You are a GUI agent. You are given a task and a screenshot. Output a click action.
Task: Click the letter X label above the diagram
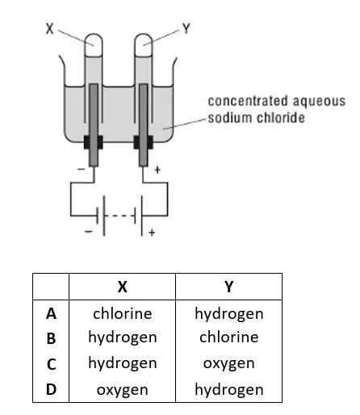click(50, 29)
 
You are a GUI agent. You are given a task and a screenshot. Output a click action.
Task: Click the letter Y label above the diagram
click(186, 28)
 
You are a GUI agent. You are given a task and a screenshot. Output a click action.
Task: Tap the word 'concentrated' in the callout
click(248, 101)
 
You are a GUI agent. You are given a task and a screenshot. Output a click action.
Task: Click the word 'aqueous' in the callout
click(319, 102)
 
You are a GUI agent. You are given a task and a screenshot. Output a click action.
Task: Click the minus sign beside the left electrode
click(81, 170)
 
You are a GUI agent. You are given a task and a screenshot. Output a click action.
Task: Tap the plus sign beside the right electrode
click(157, 170)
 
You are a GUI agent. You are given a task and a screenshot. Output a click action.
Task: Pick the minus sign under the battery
click(89, 232)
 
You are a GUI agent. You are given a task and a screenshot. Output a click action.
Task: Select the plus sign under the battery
click(152, 233)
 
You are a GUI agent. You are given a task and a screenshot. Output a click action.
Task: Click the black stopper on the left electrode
click(93, 142)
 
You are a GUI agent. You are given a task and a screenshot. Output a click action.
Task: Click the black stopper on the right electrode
click(144, 142)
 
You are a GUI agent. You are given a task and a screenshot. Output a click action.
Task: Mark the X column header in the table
click(123, 287)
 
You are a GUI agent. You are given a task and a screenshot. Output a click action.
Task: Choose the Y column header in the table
click(228, 287)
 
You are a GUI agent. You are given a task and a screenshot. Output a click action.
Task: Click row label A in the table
click(51, 314)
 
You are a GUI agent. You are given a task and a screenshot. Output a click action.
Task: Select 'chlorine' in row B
click(229, 337)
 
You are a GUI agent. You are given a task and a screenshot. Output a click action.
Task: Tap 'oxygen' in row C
click(229, 364)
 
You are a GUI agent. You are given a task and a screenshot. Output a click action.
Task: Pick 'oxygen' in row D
click(123, 390)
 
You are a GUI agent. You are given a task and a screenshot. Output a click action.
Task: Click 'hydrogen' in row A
click(229, 314)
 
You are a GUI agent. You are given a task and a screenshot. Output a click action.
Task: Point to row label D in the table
click(51, 389)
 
